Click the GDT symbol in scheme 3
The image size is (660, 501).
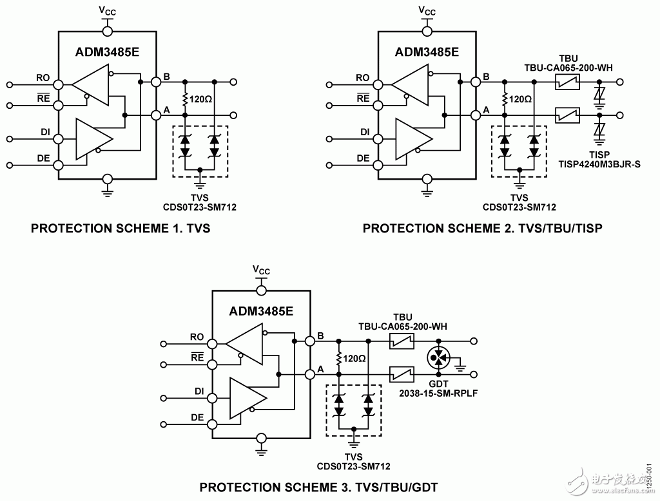[438, 358]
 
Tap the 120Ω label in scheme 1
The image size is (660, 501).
[201, 99]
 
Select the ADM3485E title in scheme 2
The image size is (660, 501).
[427, 52]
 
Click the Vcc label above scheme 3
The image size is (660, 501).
[261, 270]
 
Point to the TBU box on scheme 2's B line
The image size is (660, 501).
[567, 82]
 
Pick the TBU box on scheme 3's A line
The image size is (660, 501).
[402, 374]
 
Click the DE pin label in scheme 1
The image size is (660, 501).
[43, 158]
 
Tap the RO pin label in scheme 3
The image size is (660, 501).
[197, 337]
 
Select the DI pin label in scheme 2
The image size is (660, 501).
[365, 132]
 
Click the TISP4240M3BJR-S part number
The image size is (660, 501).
[599, 164]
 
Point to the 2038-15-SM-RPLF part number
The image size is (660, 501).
[438, 393]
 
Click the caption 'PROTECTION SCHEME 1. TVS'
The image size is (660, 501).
[121, 229]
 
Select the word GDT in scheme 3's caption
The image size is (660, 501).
[425, 487]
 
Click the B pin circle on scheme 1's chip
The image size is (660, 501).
[156, 82]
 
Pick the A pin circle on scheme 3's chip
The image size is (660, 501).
[310, 374]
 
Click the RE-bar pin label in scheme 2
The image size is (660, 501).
[363, 98]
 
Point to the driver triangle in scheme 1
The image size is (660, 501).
[94, 139]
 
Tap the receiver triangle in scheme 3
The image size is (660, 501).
[244, 344]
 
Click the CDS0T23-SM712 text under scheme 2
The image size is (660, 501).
[519, 207]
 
